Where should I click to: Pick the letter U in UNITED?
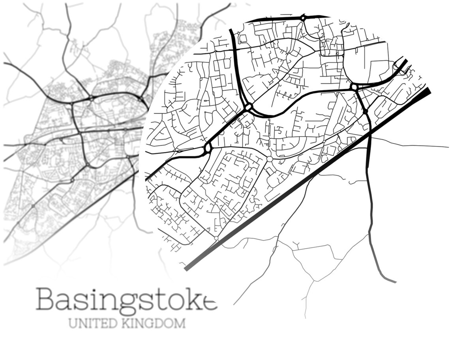coord(73,323)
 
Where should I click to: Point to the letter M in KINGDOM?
coord(180,323)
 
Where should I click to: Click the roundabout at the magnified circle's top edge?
coord(303,17)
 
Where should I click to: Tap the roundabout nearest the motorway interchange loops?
coord(354,87)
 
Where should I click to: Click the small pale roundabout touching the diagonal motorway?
coord(216,238)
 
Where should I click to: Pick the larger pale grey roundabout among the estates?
coord(270,159)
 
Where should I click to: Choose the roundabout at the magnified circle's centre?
coord(248,107)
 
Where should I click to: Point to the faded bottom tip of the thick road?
coord(393,281)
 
